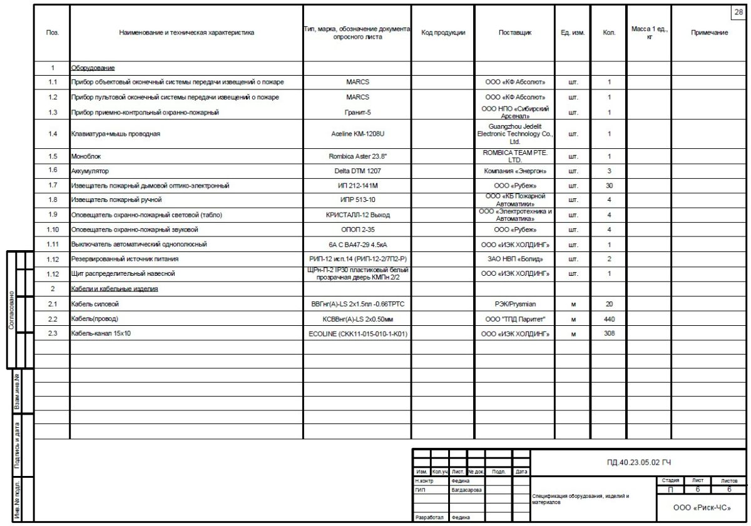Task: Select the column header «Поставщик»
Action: coord(514,33)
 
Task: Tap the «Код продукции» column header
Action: coord(442,33)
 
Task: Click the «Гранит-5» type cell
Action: coord(357,113)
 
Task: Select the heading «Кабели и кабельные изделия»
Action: coord(114,289)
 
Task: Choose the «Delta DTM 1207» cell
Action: coord(357,171)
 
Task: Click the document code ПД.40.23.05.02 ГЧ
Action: coord(638,463)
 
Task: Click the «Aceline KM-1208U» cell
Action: coord(357,134)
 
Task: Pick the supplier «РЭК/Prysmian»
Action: coord(514,305)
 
